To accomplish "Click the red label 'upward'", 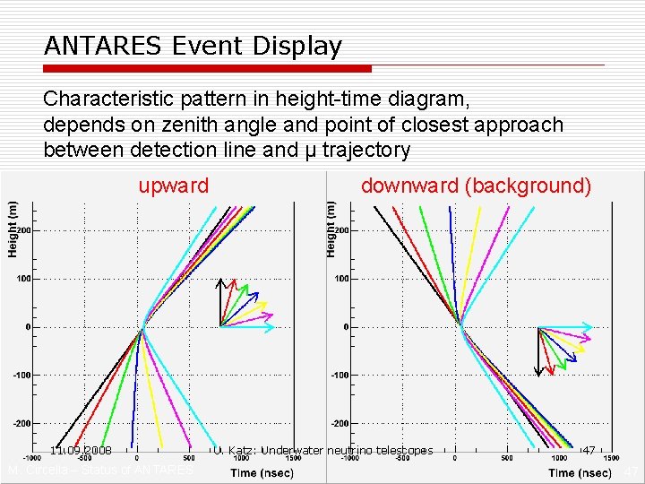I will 173,186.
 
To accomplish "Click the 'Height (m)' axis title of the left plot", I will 13,229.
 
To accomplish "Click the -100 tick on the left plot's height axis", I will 21,375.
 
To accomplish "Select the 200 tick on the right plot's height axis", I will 341,230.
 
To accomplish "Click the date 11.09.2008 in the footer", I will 81,450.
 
